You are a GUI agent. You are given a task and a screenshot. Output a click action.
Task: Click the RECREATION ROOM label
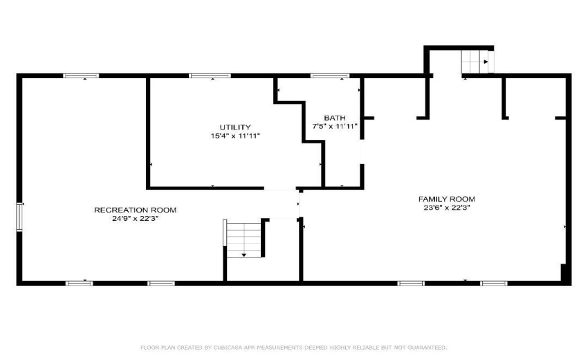[x=135, y=210]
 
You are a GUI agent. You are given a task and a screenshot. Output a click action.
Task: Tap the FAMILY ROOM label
[x=450, y=199]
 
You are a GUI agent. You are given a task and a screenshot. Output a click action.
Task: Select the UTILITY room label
[x=235, y=127]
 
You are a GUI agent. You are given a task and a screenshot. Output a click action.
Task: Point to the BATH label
[x=335, y=118]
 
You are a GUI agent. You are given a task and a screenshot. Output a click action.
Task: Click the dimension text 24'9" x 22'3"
[x=135, y=218]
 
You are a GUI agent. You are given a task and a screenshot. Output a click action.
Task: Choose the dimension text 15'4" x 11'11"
[x=235, y=136]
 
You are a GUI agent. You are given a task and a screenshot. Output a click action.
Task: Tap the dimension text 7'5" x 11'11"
[x=335, y=127]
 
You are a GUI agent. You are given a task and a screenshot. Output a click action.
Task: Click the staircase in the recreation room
[x=244, y=238]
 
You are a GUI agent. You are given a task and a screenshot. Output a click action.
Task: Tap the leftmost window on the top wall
[x=76, y=75]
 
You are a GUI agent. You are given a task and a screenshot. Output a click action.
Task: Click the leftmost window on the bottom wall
[x=79, y=282]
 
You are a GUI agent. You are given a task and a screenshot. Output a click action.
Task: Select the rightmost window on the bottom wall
[x=494, y=282]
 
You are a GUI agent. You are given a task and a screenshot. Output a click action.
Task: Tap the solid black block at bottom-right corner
[x=566, y=274]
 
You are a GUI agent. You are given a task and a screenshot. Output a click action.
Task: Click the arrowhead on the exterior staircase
[x=487, y=62]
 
